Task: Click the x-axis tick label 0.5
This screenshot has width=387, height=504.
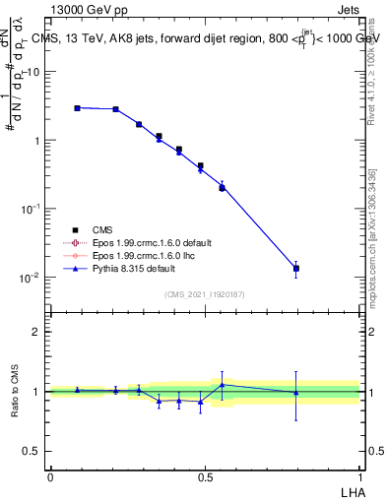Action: pos(205,476)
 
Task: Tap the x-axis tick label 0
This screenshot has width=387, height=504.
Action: pos(50,476)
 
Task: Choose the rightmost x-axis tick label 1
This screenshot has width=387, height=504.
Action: pos(360,476)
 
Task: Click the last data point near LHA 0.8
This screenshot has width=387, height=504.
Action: pos(295,268)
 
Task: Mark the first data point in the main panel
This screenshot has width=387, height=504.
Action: pos(77,108)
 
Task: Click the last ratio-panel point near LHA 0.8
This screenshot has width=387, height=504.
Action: pos(295,393)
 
